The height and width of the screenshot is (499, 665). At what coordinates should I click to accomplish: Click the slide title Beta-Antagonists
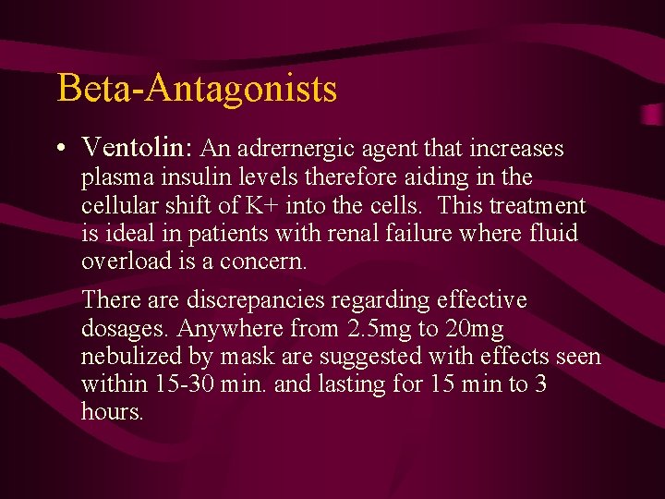197,89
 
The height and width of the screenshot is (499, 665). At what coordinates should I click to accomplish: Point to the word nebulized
135,356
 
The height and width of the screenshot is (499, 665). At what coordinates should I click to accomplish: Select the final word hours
112,411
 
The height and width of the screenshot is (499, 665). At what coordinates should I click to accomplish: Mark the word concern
269,261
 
